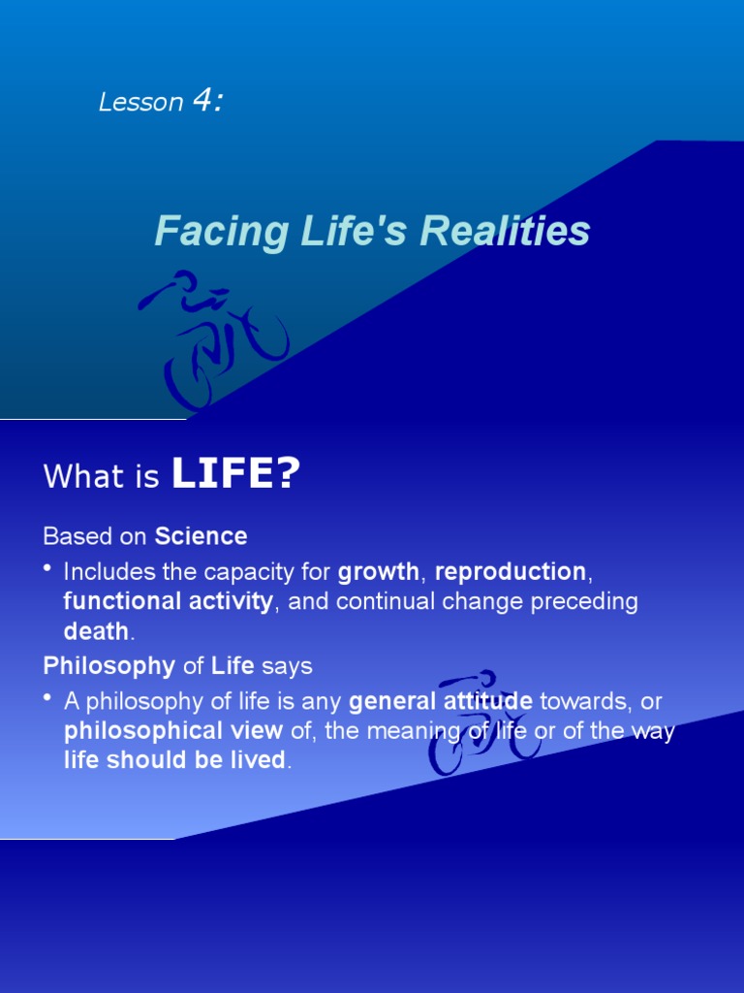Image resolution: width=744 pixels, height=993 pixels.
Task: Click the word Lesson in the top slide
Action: tap(140, 103)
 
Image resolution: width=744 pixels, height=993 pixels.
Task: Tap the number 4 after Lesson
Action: tap(206, 101)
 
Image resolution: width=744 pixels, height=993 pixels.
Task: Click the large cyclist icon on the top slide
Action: tap(215, 338)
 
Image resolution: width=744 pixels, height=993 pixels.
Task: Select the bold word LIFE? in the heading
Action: tap(235, 475)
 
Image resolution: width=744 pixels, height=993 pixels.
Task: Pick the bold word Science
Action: tap(201, 536)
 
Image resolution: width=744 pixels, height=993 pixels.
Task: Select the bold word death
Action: tap(96, 631)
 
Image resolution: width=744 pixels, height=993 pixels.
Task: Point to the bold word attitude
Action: tap(485, 700)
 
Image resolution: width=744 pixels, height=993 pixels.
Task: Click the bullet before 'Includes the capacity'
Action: tap(48, 569)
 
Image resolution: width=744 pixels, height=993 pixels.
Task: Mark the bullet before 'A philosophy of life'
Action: tap(48, 699)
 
